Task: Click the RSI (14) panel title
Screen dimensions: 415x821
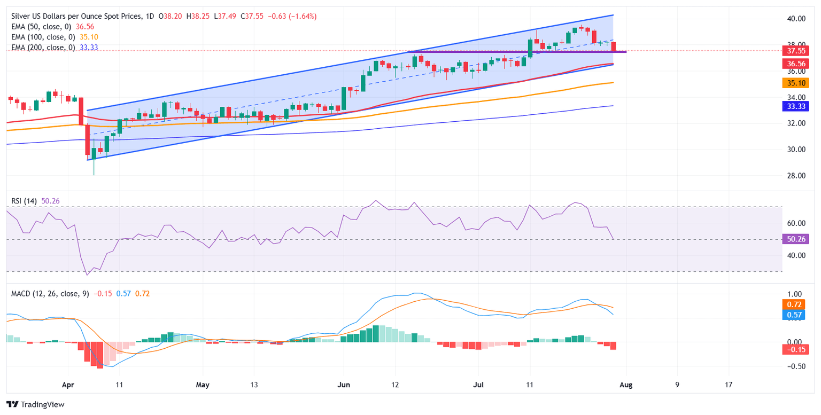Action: click(x=24, y=201)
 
